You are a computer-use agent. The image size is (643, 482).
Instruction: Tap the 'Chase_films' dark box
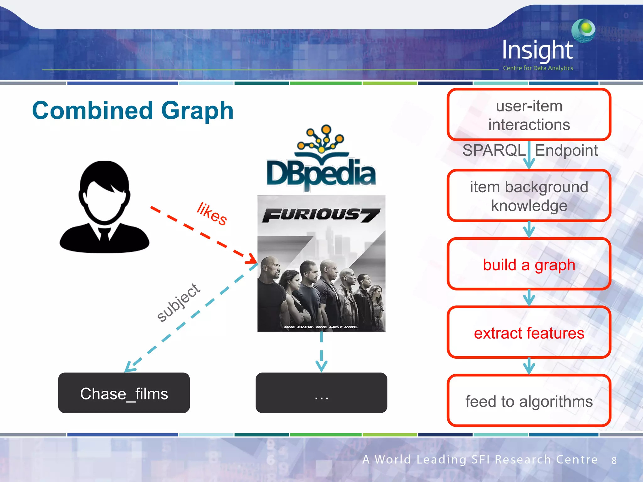pos(124,393)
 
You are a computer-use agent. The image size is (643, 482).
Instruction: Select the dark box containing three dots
pos(321,393)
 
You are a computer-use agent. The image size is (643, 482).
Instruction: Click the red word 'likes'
pos(212,214)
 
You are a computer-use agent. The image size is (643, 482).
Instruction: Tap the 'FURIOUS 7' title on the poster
pos(321,215)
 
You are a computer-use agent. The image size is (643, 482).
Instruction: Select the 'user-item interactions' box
pos(529,115)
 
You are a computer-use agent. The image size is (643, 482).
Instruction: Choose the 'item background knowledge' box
pos(529,196)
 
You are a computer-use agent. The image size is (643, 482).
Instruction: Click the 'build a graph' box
pos(529,265)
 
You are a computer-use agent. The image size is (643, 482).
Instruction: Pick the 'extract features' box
pos(529,333)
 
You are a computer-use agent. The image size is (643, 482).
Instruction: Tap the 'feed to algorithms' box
pos(529,401)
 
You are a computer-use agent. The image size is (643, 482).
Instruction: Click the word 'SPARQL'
pos(494,150)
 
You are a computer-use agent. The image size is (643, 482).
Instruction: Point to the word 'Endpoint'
pos(566,150)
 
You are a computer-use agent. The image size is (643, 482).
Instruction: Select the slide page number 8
pos(614,460)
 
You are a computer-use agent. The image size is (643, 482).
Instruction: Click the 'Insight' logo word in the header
pos(538,50)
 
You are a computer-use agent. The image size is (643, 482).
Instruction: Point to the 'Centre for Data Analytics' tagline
pos(538,68)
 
